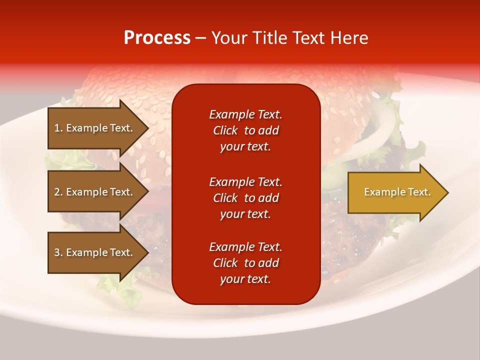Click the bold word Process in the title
click(157, 38)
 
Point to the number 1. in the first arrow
click(58, 128)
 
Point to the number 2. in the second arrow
click(58, 192)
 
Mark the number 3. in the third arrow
click(58, 252)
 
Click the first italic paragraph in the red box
click(245, 130)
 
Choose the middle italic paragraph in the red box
click(245, 198)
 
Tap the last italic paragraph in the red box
click(245, 263)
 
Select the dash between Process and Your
click(200, 38)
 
